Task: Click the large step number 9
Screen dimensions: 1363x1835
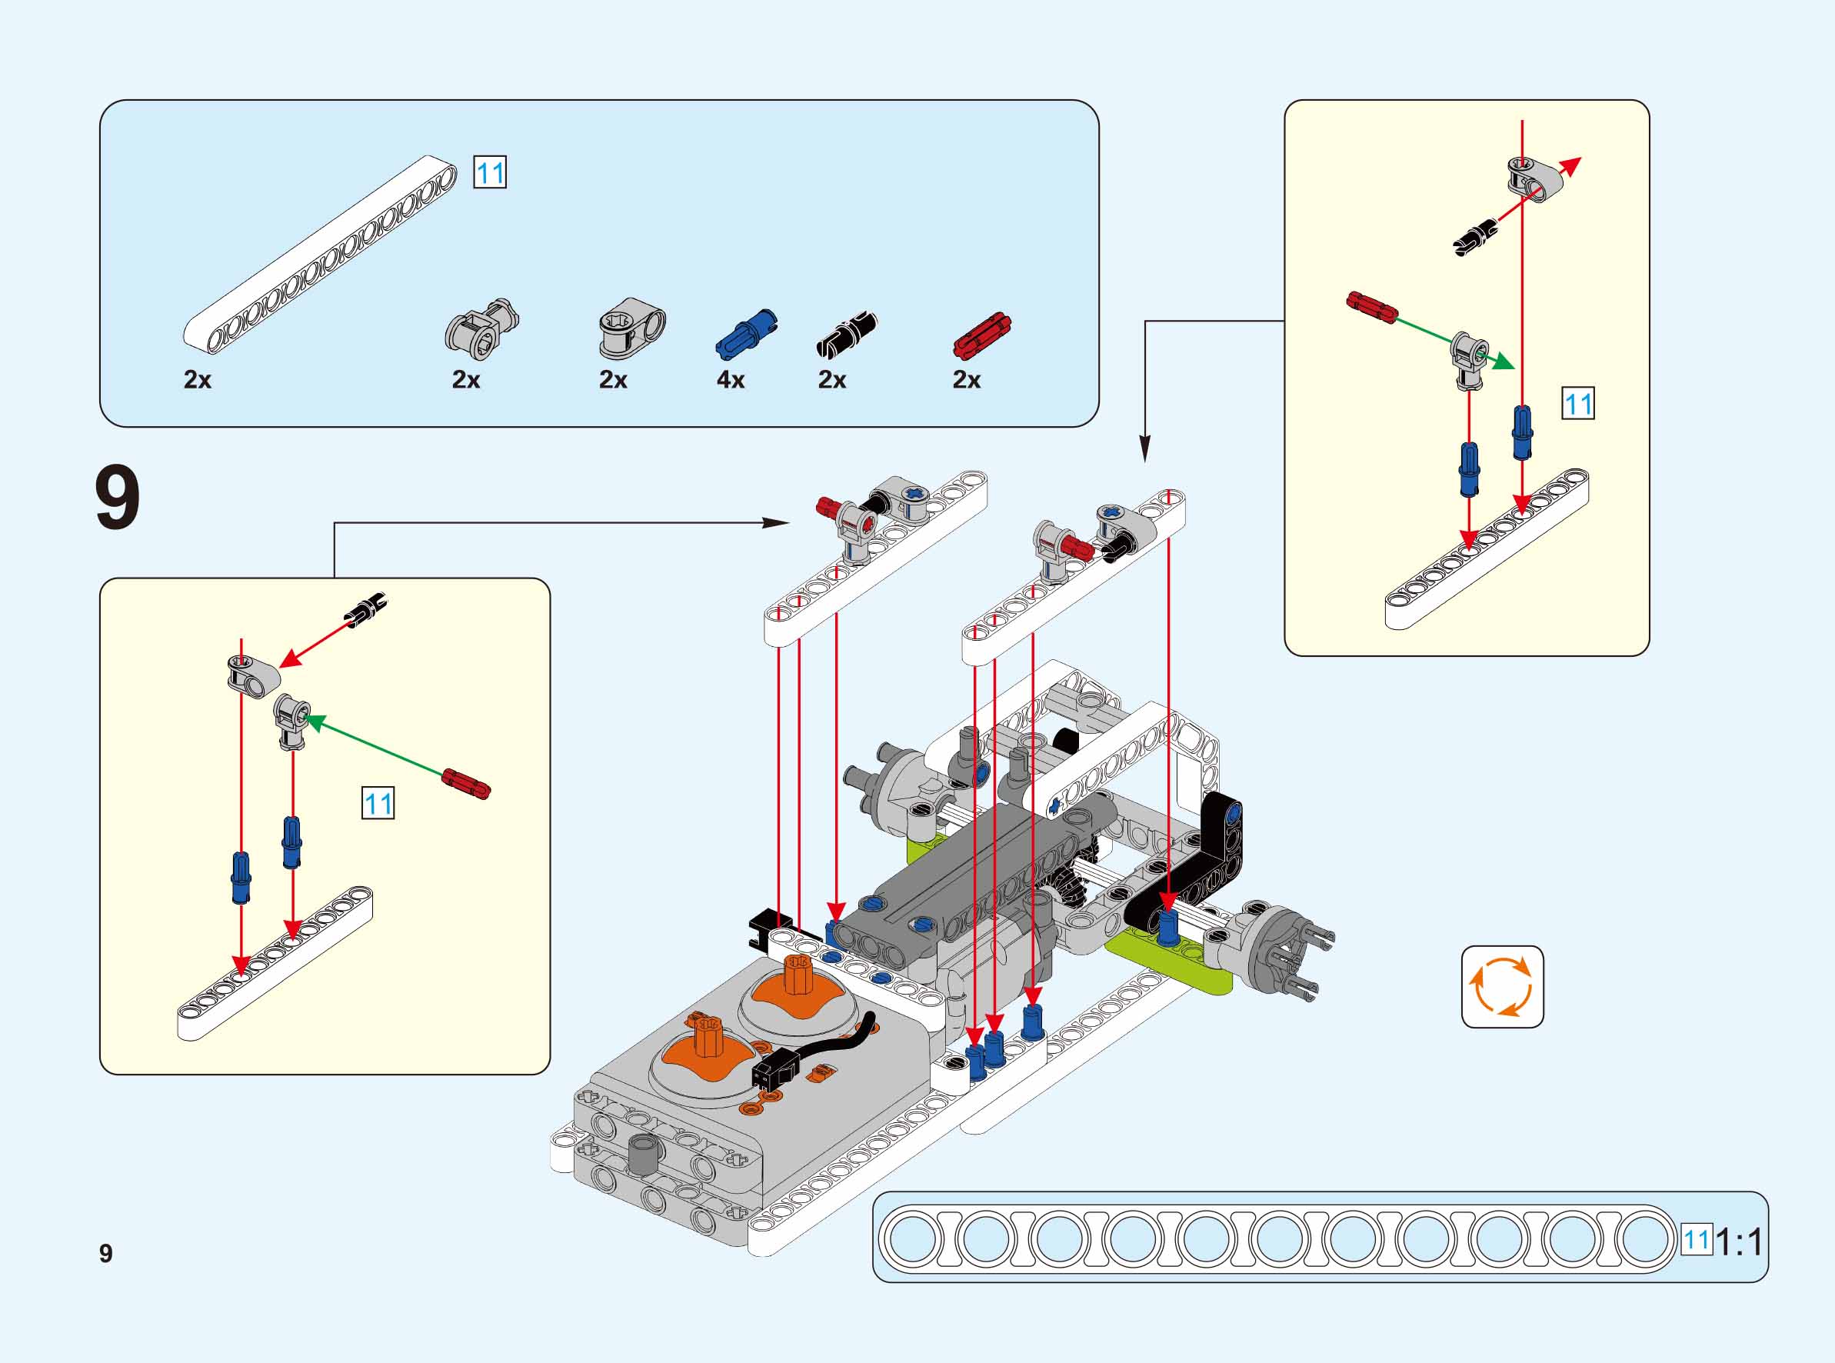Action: (118, 499)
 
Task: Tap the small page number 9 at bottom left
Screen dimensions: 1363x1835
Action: (105, 1253)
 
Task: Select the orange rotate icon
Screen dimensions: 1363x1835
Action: (1502, 987)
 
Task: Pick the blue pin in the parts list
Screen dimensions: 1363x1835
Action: (746, 334)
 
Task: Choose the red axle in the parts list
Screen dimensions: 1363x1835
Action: (981, 335)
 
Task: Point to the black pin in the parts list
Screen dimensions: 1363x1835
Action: (847, 335)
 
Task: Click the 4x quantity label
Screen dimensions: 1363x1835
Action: (731, 379)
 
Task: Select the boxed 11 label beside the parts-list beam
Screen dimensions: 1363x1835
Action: (490, 172)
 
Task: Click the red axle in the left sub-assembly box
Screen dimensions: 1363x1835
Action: (467, 783)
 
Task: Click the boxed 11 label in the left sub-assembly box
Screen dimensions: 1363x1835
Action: (378, 803)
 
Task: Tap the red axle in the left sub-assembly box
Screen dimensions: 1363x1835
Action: (467, 783)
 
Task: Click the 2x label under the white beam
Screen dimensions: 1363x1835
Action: (198, 379)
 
